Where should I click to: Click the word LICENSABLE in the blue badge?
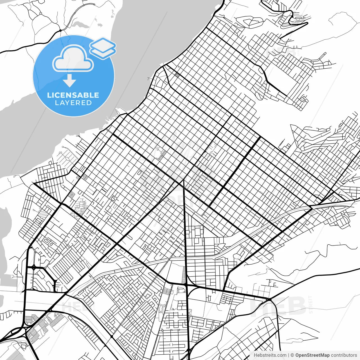[73, 95]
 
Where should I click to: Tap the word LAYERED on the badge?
[73, 103]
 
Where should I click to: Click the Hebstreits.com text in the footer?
[270, 355]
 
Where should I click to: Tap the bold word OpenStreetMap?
[312, 355]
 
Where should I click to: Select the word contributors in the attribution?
[344, 355]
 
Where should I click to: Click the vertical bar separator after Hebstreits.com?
[289, 355]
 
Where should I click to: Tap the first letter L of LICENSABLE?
[49, 95]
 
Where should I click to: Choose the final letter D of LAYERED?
[89, 103]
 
